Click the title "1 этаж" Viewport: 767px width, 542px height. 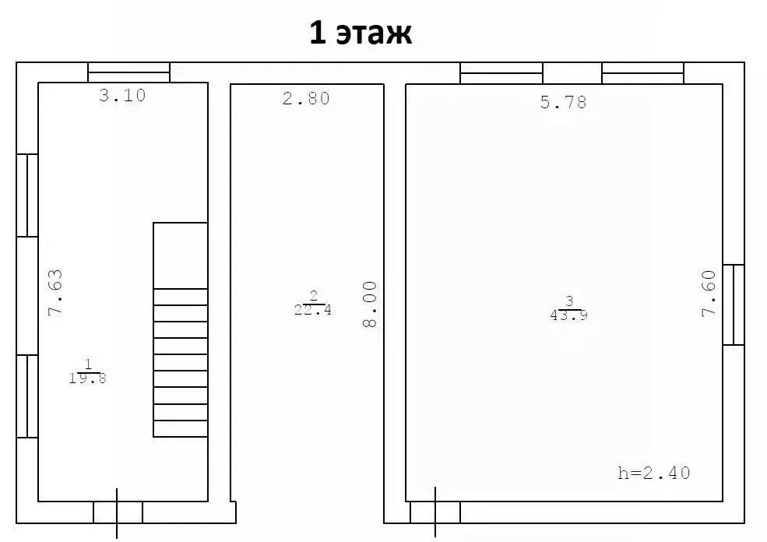(x=360, y=34)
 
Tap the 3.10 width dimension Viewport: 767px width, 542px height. (x=122, y=96)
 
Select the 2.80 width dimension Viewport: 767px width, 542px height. (x=306, y=98)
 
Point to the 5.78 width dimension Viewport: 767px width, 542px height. (x=563, y=102)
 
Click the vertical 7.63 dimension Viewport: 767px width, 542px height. (x=55, y=293)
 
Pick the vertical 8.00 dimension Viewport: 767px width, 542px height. (x=369, y=304)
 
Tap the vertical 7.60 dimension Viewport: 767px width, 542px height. (x=708, y=293)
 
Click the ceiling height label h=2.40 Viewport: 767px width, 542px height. (x=653, y=473)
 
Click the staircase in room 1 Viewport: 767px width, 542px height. (x=180, y=343)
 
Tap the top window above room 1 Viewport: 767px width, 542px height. (x=128, y=72)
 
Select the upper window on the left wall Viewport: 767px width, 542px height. (x=27, y=195)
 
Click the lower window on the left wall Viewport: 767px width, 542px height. (x=27, y=396)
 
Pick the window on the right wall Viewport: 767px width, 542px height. (x=733, y=304)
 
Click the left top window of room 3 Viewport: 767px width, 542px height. (x=501, y=73)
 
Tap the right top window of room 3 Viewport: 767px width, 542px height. (x=642, y=73)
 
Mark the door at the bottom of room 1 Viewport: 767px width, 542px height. (x=118, y=512)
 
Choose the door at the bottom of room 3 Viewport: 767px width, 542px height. (x=435, y=512)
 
